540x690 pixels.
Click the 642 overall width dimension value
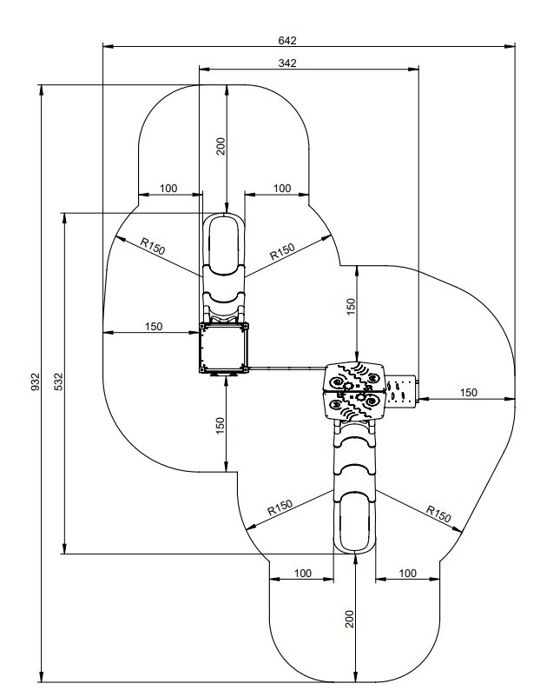287,41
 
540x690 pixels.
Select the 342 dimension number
287,63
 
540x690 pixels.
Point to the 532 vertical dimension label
58,381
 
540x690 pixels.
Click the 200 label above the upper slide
221,146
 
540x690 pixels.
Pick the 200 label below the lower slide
350,619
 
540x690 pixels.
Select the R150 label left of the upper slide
153,247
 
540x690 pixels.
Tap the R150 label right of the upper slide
282,252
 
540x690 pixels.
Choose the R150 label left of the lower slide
280,508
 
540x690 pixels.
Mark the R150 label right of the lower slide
438,513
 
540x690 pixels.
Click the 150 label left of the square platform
154,327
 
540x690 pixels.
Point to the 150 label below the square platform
221,426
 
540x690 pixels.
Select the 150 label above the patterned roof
351,307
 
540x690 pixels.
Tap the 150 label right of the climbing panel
468,392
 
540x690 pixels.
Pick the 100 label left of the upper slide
168,189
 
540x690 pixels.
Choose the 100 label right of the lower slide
407,573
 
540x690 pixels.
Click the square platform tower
224,348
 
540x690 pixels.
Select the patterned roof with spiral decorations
355,391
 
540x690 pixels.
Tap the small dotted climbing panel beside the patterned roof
401,390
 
